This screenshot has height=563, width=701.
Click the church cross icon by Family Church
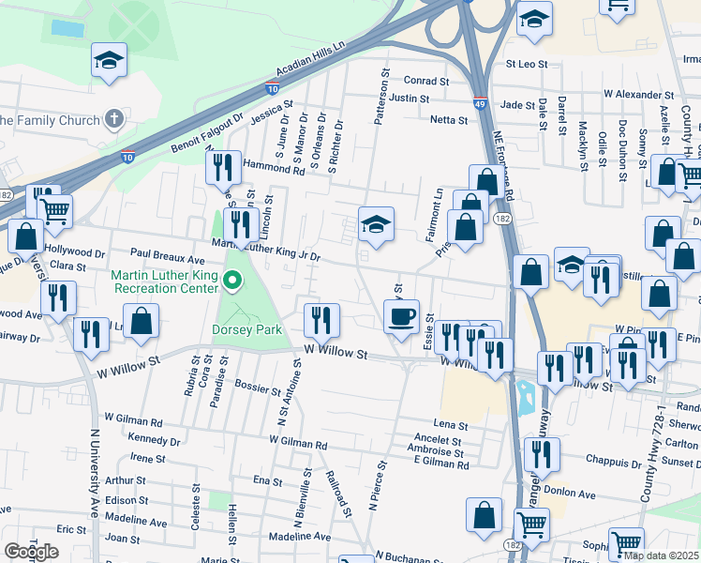(113, 120)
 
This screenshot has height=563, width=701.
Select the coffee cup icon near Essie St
(403, 315)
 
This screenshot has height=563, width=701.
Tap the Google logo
(31, 551)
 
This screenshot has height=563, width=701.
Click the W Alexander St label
(638, 95)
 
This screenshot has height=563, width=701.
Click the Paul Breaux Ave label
(168, 254)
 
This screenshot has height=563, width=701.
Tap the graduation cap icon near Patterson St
(376, 224)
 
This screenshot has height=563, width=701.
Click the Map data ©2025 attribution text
(661, 555)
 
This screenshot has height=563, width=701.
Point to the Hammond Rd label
(274, 170)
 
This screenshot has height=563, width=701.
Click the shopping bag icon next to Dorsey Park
(141, 322)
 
